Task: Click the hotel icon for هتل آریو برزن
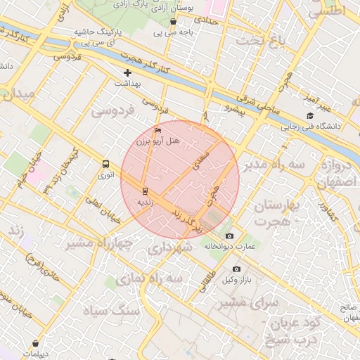click(x=157, y=131)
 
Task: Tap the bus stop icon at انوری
click(x=105, y=165)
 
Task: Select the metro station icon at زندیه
click(x=145, y=191)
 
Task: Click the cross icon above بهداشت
click(x=127, y=72)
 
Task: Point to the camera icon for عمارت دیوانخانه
click(x=229, y=236)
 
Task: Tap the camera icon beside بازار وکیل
click(x=236, y=269)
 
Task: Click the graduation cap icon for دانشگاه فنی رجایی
click(x=309, y=116)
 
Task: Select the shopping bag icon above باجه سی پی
click(x=173, y=22)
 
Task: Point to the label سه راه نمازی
click(x=171, y=279)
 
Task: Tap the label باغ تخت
click(x=263, y=41)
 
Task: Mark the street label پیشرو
click(x=232, y=108)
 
